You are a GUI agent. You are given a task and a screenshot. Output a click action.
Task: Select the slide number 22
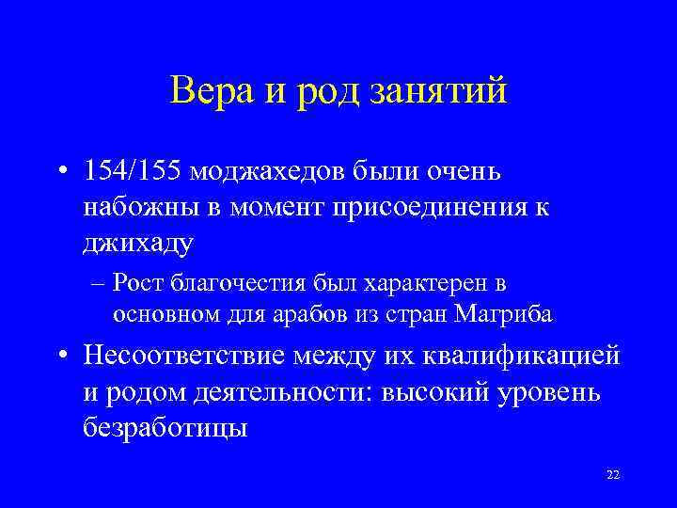tap(613, 475)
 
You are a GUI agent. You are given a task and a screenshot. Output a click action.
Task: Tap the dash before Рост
tap(99, 283)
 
